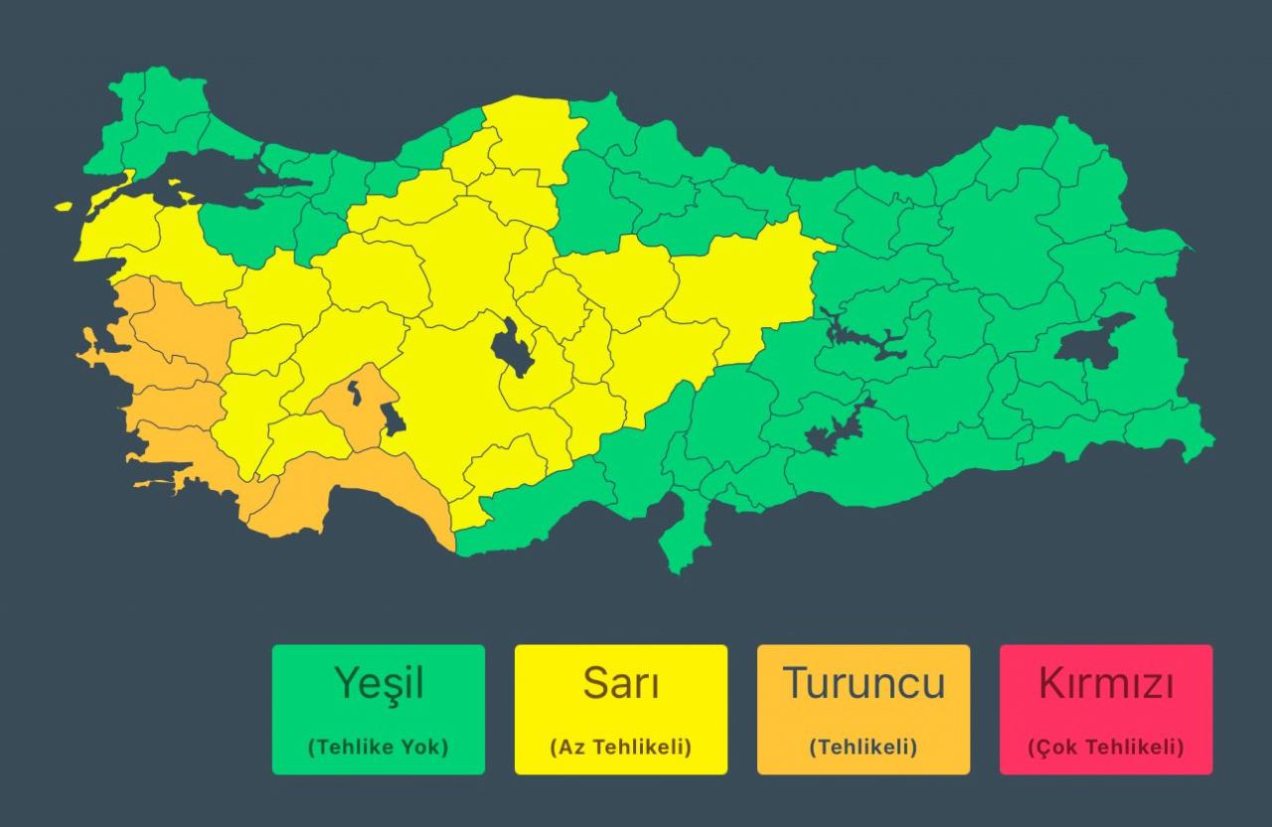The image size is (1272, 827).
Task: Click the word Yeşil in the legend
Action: tap(379, 684)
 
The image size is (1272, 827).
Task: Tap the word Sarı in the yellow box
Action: tap(620, 684)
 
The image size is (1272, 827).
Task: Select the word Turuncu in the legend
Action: tap(863, 684)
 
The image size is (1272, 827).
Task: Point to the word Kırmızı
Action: tap(1106, 684)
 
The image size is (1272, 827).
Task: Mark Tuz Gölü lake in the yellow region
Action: tap(511, 348)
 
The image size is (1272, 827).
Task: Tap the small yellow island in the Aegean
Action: tap(65, 207)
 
